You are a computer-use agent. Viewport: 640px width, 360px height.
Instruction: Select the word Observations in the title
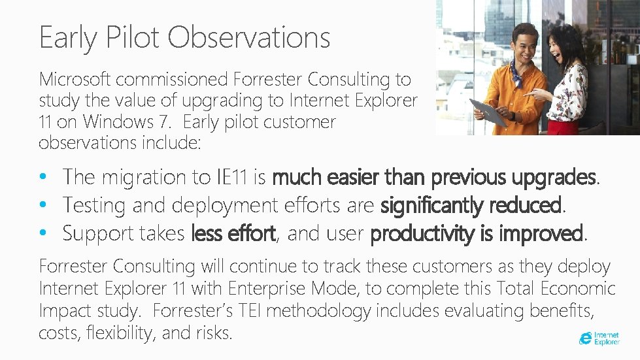249,37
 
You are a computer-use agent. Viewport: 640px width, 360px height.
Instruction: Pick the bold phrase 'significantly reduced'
471,205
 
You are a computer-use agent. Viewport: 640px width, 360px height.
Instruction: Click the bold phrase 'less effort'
233,233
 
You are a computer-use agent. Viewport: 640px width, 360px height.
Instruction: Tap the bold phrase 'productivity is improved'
476,233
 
